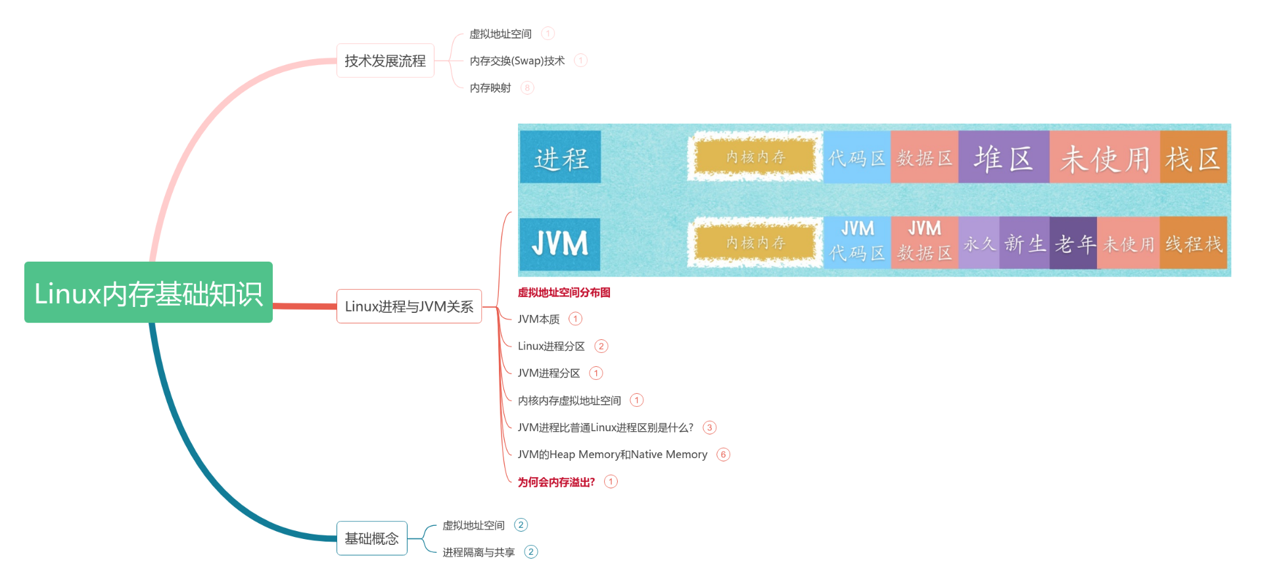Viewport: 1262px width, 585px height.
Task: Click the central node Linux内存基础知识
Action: pos(149,292)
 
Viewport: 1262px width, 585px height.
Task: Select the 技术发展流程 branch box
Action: pos(385,60)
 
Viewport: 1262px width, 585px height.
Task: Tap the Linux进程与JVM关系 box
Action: pos(409,306)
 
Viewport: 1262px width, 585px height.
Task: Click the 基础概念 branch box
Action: pos(371,538)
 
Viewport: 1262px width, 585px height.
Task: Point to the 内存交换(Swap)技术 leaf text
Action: pos(517,60)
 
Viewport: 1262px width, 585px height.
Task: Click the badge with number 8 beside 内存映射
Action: pos(527,87)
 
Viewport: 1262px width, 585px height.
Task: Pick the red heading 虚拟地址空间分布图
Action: pos(563,292)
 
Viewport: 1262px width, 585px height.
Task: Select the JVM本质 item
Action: pos(538,319)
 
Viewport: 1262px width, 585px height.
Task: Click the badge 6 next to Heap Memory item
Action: pos(723,454)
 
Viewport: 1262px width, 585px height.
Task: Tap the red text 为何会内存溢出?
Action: pos(556,482)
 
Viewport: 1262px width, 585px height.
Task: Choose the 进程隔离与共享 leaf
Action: pos(479,552)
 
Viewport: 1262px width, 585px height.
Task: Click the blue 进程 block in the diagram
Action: pos(560,157)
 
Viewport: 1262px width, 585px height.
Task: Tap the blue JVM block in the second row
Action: pos(559,244)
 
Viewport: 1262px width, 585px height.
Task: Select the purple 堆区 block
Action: pos(1003,158)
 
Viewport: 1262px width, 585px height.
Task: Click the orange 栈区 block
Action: pos(1193,158)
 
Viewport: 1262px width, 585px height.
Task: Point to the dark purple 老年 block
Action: pos(1073,244)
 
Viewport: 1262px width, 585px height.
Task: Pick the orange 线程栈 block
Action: pos(1193,244)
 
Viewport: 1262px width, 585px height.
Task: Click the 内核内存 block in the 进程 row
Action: pos(755,156)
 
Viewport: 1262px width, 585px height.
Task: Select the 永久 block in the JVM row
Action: pos(979,244)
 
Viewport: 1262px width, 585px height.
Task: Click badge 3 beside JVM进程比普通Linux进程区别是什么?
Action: pos(709,427)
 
